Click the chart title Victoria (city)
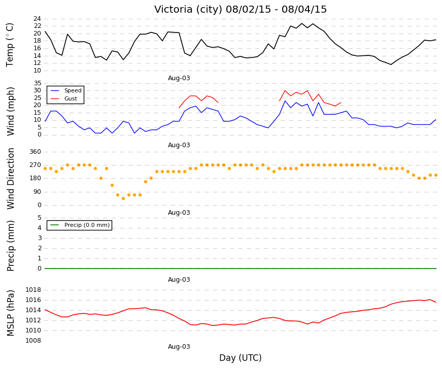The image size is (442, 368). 188,9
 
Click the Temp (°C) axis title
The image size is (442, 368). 10,45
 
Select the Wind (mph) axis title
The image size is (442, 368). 11,111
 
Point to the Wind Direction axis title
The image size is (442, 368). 11,179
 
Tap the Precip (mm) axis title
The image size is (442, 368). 11,246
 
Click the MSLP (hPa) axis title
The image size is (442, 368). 11,313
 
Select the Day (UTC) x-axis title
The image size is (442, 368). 241,358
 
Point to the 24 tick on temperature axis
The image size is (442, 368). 37,19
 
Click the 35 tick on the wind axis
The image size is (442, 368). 37,83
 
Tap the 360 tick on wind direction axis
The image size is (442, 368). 35,152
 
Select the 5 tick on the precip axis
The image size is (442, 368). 39,218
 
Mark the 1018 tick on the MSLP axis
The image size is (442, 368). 33,290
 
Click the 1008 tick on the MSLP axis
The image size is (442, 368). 33,341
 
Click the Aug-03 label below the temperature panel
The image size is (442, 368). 179,78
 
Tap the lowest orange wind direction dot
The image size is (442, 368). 123,198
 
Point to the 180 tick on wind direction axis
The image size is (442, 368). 35,178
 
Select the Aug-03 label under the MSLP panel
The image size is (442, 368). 179,347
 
